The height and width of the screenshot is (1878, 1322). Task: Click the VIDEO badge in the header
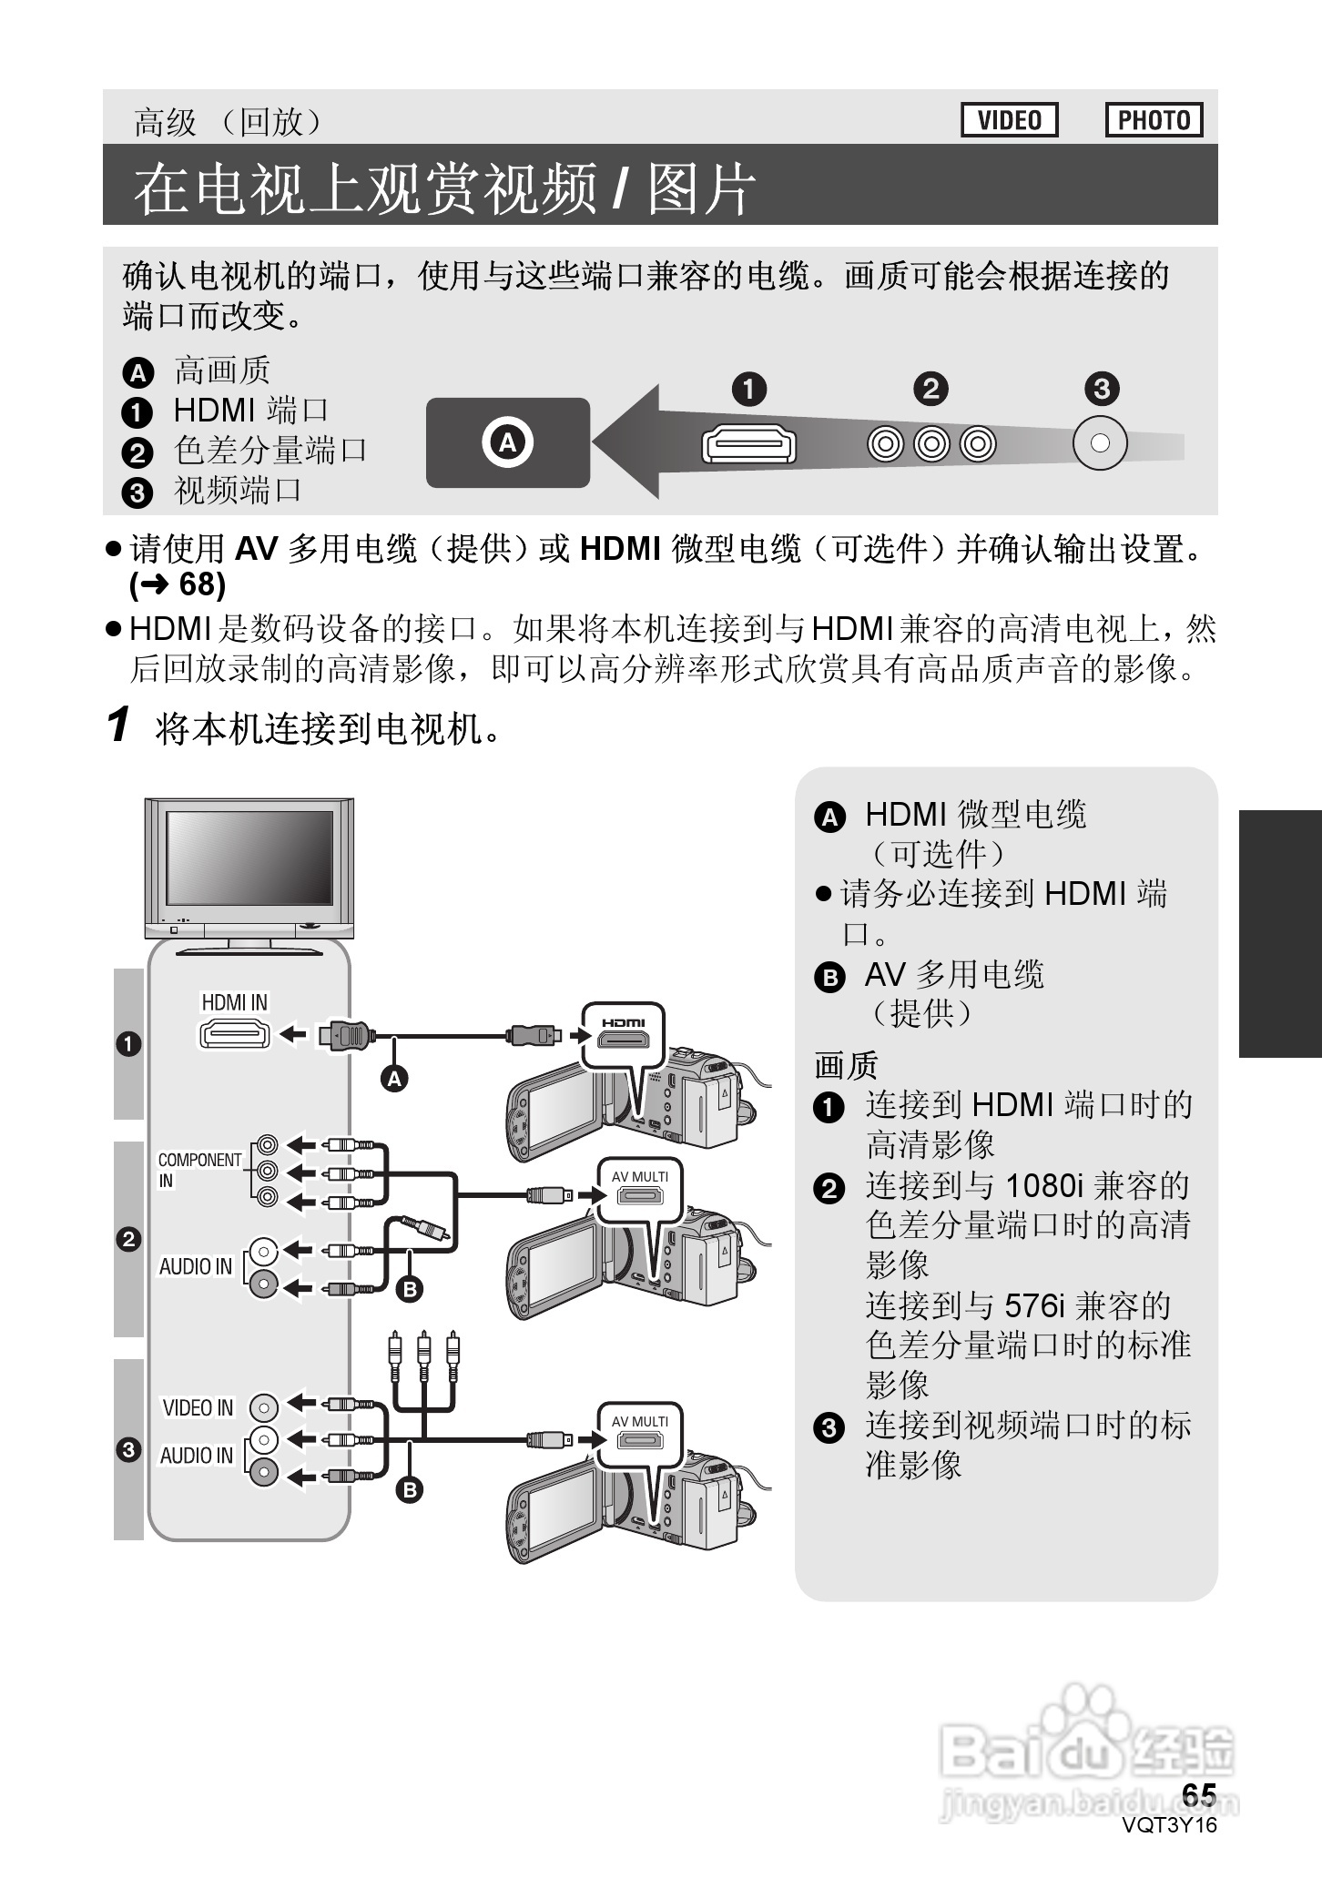(1009, 120)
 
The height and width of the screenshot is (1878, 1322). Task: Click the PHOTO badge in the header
(1154, 120)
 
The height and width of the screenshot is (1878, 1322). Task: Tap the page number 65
(1198, 1794)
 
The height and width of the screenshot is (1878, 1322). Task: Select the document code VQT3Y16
(1169, 1824)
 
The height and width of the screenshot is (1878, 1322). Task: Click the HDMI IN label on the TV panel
(234, 1002)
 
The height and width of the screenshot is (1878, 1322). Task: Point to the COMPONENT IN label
(198, 1170)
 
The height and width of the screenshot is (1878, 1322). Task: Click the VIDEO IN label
(198, 1407)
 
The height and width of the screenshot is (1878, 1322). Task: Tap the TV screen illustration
(249, 857)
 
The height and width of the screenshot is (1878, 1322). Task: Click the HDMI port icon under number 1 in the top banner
(748, 445)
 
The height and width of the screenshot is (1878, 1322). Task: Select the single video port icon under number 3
(1100, 443)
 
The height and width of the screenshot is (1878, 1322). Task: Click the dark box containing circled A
(507, 443)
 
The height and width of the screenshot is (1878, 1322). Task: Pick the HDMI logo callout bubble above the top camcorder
(624, 1036)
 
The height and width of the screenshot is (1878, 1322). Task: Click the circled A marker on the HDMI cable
(394, 1079)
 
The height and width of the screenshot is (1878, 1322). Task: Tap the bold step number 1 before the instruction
(118, 725)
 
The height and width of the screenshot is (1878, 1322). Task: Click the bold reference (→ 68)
(178, 584)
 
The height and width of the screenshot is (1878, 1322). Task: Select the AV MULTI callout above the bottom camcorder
(639, 1435)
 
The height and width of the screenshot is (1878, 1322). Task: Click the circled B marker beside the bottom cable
(410, 1489)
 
